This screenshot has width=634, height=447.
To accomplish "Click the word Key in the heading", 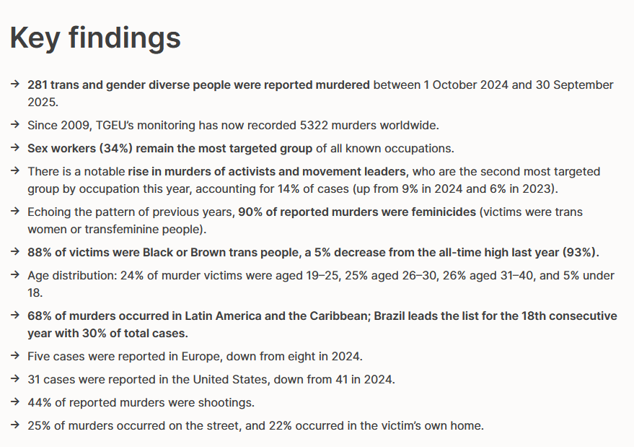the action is (x=35, y=38).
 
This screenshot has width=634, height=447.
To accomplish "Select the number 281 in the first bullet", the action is (x=38, y=85).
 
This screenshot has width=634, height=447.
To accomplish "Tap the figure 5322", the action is (x=314, y=126).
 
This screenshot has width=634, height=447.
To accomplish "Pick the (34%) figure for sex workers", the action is (x=116, y=149).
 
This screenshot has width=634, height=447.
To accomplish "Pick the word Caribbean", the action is (x=340, y=316).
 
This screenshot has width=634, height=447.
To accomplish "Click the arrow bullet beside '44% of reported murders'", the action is (x=15, y=402).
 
